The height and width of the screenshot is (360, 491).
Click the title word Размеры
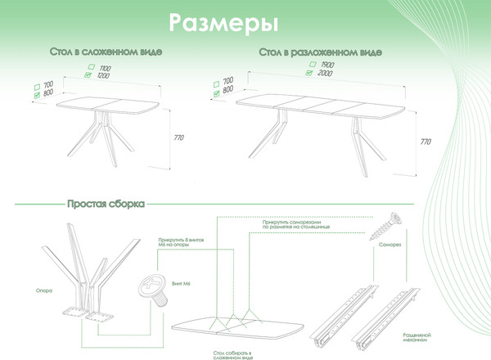222,23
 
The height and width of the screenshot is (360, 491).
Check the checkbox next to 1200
89,75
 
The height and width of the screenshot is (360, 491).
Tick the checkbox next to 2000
309,73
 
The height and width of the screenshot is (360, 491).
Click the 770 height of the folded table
179,138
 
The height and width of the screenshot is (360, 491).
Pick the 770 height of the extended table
425,142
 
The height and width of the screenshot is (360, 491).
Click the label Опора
45,289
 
